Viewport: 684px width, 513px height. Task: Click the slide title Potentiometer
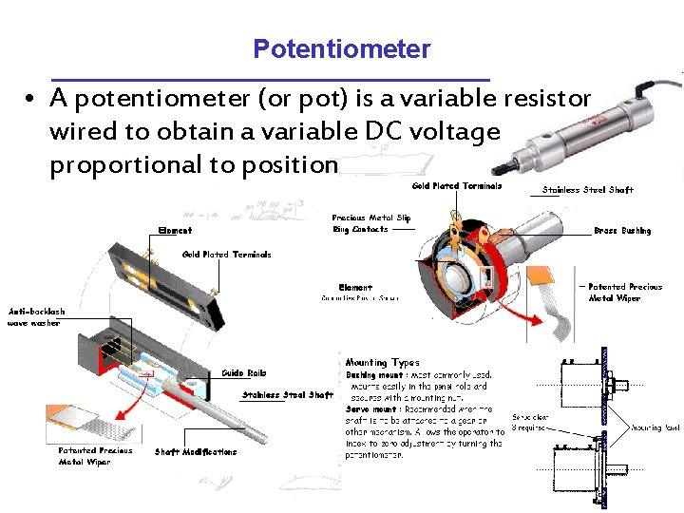pos(341,49)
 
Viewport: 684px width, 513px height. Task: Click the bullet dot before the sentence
pos(31,99)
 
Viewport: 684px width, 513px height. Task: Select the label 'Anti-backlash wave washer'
pos(37,317)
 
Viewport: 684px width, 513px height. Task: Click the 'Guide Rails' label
pos(244,372)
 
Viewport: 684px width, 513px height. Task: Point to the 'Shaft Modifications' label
pos(196,452)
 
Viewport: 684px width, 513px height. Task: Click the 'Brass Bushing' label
pos(622,231)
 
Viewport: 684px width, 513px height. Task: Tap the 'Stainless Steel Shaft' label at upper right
pos(587,190)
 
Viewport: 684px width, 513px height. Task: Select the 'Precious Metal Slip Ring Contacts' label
pos(371,223)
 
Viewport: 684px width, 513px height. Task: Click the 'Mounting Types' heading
pos(382,362)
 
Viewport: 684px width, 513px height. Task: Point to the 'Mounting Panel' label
pos(655,428)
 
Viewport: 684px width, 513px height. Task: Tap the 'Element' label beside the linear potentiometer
pos(175,231)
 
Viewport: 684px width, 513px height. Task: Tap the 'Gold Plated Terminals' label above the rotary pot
pos(456,186)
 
